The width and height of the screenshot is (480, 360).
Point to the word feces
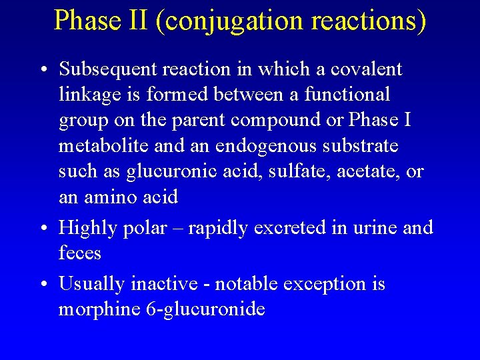pos(80,253)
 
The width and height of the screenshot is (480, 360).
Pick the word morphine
pos(97,309)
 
